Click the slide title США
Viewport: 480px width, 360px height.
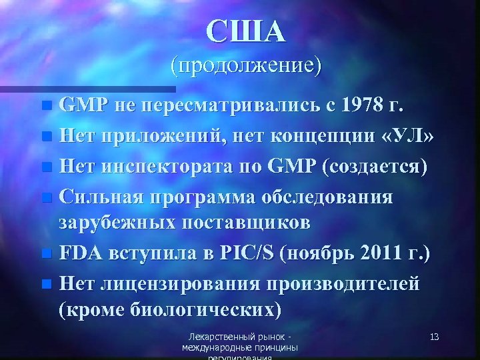tap(245, 31)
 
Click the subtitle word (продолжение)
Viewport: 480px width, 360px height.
tap(245, 66)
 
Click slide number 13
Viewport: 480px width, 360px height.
tap(434, 337)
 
